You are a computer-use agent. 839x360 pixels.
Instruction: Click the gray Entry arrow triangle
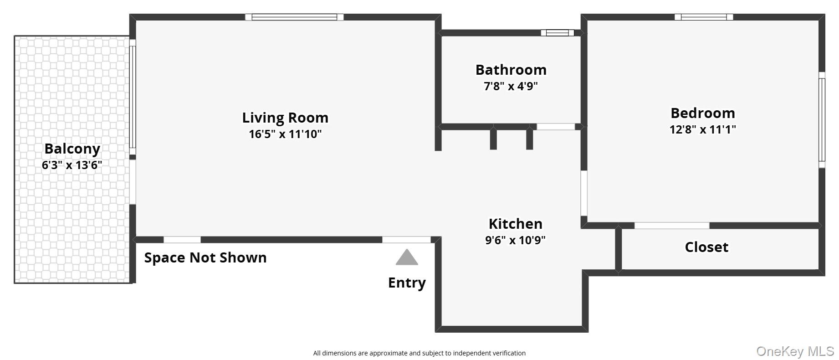click(x=407, y=258)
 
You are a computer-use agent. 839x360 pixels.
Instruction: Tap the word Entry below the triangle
click(x=407, y=283)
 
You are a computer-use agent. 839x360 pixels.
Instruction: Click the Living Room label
click(x=285, y=118)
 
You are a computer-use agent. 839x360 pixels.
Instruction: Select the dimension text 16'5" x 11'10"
click(x=285, y=134)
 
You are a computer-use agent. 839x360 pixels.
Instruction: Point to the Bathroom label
click(x=511, y=70)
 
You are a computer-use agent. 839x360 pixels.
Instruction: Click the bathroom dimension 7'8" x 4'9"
click(x=511, y=86)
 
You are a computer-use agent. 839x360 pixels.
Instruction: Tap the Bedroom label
click(x=702, y=113)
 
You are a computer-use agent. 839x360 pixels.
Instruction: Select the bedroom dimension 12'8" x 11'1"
click(x=702, y=129)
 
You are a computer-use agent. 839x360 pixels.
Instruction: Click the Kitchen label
click(x=515, y=224)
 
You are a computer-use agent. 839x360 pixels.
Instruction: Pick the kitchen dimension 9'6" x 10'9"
click(x=515, y=240)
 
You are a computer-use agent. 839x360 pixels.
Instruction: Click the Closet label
click(x=706, y=247)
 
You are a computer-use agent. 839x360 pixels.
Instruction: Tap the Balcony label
click(x=72, y=149)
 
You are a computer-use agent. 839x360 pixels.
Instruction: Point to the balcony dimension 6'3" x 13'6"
click(x=72, y=165)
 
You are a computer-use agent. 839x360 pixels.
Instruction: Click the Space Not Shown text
click(x=205, y=257)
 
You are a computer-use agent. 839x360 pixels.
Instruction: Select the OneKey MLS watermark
click(x=795, y=351)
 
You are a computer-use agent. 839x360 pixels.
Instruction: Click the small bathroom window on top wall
click(x=557, y=33)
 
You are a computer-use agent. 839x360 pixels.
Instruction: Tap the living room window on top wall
click(x=294, y=17)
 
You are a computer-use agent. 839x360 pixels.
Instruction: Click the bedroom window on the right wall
click(x=822, y=120)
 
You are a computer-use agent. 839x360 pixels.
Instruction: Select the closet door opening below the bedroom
click(x=672, y=226)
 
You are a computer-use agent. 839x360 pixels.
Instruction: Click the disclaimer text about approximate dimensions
click(x=419, y=353)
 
